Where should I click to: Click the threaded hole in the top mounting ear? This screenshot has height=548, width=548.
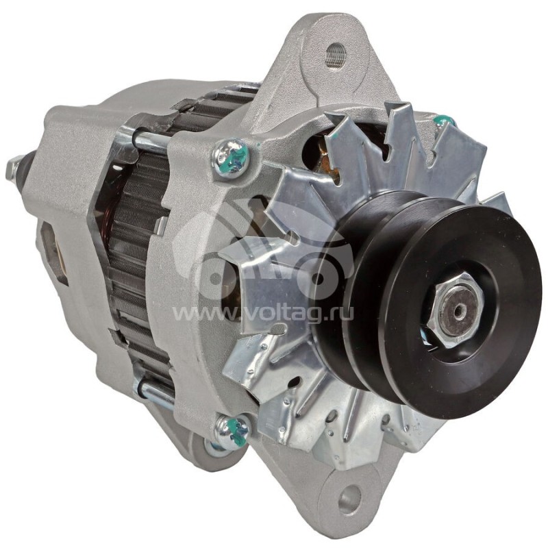coord(336,52)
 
